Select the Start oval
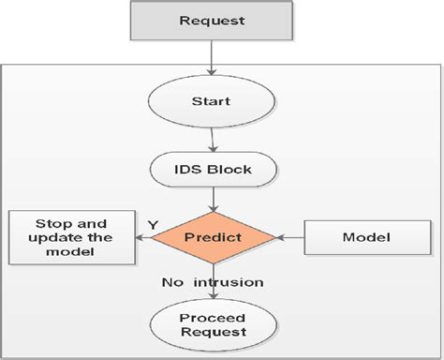click(214, 101)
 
